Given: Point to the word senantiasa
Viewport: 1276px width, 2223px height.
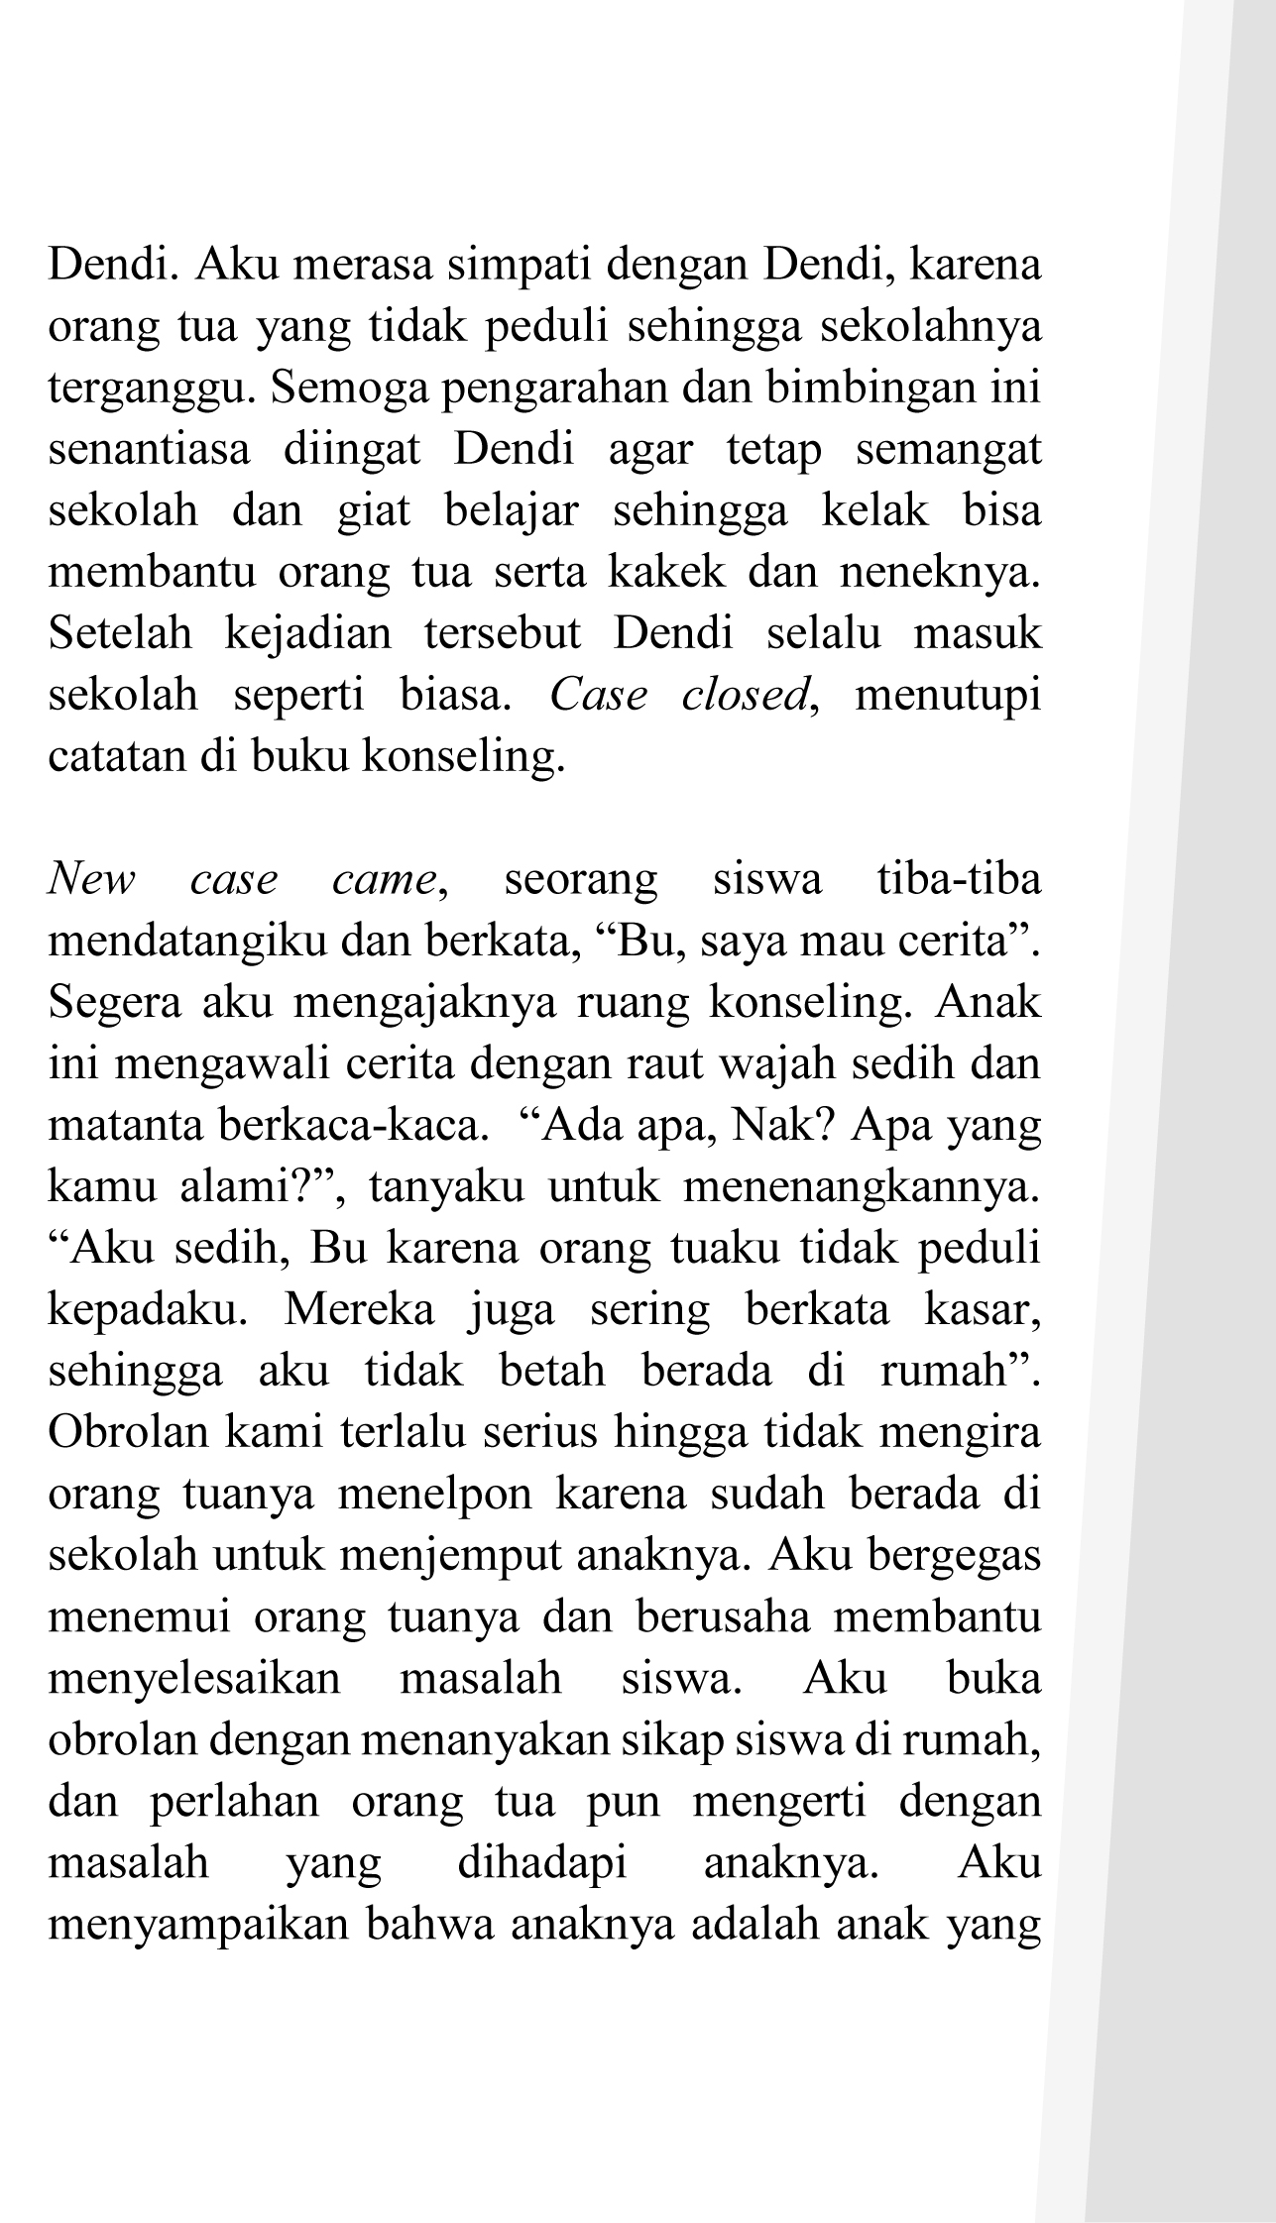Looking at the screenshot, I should click(149, 451).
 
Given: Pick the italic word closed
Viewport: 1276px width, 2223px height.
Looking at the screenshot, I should click(747, 697).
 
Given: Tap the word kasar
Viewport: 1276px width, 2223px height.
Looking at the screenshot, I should click(982, 1310).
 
